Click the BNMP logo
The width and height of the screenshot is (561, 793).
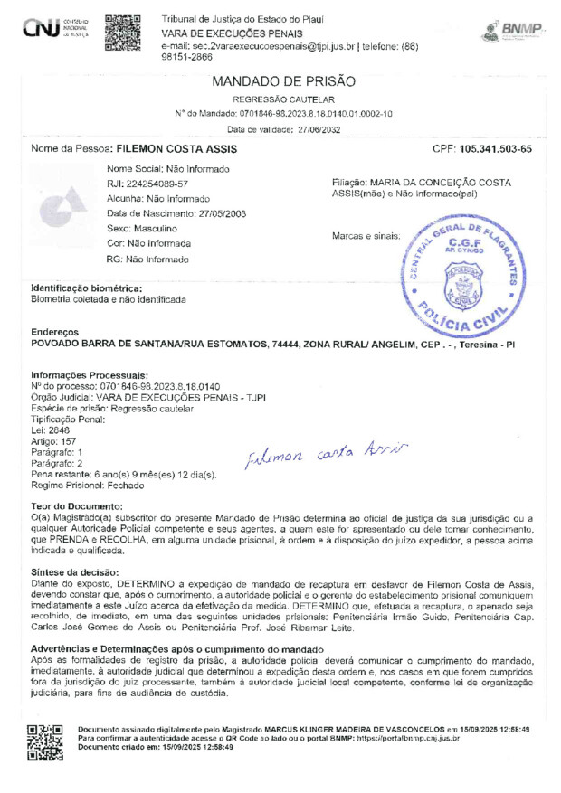(510, 32)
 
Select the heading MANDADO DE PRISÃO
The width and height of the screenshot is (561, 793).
(283, 81)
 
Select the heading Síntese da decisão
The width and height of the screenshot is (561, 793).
(75, 572)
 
